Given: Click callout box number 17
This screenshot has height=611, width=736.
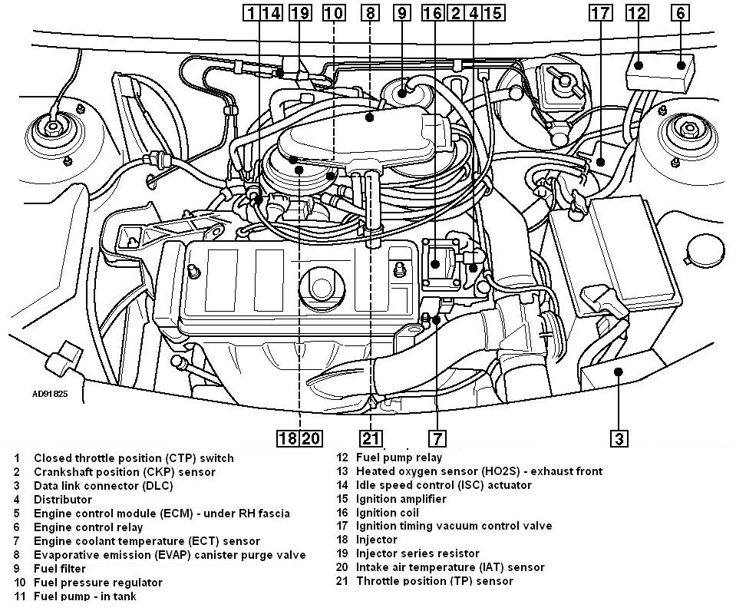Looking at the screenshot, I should pos(601,12).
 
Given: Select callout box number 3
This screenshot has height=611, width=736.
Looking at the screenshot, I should pos(619,438).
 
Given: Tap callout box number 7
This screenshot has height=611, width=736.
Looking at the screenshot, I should pos(436,438).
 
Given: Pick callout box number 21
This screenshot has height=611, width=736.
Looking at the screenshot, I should pos(370,438).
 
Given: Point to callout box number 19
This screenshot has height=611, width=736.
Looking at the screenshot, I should pos(300,12).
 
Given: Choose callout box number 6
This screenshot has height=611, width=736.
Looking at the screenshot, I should pos(680,12).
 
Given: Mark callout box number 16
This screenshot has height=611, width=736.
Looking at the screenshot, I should pos(433,12).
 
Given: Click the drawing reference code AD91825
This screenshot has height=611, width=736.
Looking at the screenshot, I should pos(50,394).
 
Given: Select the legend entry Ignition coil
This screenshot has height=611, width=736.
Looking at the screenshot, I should pos(388,513).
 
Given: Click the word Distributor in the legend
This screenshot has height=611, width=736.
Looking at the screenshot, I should pos(62,499).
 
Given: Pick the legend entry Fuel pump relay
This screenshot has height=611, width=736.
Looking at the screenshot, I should pos(399,457).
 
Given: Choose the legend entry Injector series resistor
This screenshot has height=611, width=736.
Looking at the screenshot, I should pos(418,553).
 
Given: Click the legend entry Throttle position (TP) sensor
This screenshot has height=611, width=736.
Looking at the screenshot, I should pos(434,581).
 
